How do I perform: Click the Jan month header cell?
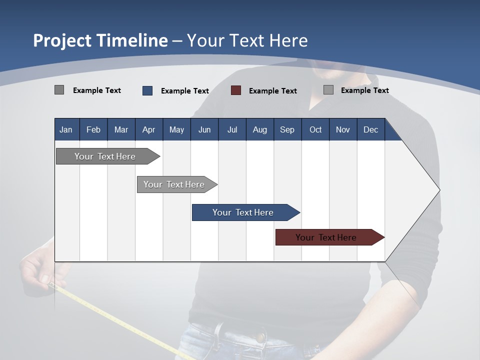[66, 129]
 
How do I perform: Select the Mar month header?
[121, 129]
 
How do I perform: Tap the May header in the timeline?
[176, 129]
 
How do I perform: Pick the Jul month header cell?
[232, 129]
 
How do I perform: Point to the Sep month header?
[287, 129]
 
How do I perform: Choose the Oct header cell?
[315, 129]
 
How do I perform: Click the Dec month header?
[370, 129]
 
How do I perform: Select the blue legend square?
[147, 90]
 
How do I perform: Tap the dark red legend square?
[236, 90]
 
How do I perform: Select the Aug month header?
[259, 129]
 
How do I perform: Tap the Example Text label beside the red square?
[272, 91]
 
